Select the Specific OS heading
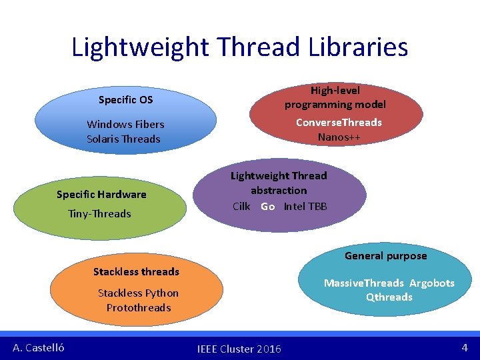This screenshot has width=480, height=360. click(125, 100)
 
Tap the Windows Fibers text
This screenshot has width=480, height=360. click(125, 124)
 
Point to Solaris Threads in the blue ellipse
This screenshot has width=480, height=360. click(123, 139)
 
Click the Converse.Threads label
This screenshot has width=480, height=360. click(339, 122)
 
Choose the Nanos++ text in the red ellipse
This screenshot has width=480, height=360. click(339, 137)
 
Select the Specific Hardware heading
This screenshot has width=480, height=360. click(101, 195)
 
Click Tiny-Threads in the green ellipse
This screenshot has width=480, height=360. click(99, 213)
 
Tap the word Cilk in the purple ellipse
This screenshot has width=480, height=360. click(241, 206)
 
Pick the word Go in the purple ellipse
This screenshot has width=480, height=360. click(268, 207)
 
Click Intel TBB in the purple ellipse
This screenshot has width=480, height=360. click(305, 206)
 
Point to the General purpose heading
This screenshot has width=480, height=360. click(385, 255)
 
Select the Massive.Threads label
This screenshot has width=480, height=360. click(364, 283)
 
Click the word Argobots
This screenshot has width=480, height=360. click(432, 283)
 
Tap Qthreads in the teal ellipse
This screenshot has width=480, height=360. click(389, 297)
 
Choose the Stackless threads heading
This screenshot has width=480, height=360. click(136, 271)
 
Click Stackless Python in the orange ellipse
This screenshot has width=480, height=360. click(138, 293)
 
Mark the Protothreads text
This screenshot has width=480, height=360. click(139, 308)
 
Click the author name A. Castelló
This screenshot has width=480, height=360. click(39, 347)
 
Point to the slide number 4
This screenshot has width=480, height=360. click(465, 347)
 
